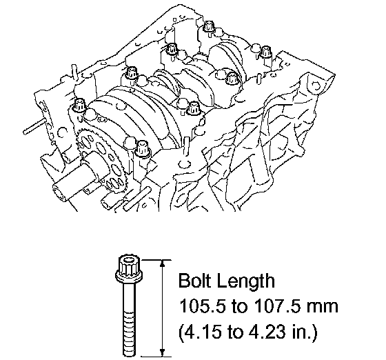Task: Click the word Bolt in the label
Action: (196, 281)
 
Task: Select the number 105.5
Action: (203, 306)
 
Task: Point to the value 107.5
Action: (277, 306)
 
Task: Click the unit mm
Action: (323, 308)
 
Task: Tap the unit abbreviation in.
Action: (306, 332)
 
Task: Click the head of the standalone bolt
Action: (129, 269)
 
